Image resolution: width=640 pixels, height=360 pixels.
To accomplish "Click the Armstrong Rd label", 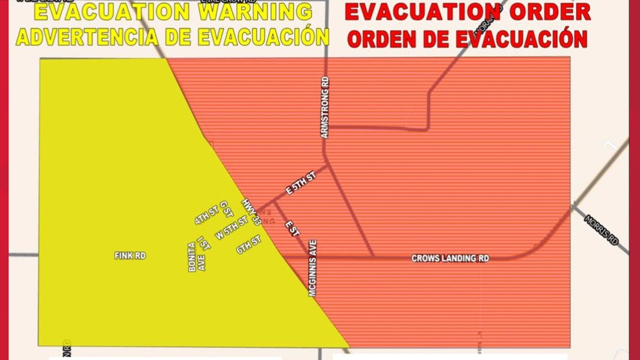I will (324, 107).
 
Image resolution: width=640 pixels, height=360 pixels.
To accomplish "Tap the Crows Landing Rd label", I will (450, 258).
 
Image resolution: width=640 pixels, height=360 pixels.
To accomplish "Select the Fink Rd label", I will (130, 256).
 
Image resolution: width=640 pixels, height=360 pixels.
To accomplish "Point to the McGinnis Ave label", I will (313, 268).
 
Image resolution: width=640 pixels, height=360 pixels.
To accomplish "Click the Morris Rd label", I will (601, 230).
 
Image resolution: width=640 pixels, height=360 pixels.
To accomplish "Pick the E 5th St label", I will (301, 183).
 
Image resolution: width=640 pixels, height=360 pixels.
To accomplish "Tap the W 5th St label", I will (231, 228).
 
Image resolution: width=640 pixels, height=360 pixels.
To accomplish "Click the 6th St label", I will (248, 244).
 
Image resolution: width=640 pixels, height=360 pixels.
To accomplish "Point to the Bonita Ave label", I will (196, 257).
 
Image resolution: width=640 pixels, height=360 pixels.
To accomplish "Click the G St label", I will (226, 208).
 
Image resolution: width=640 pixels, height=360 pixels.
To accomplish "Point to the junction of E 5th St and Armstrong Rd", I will (327, 164).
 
